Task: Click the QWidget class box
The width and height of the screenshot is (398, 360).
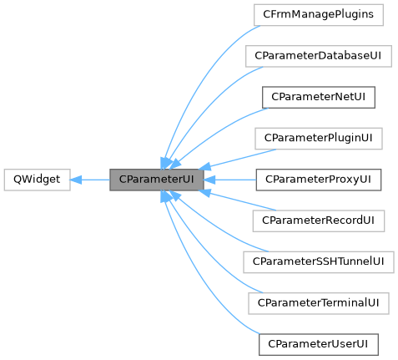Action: (x=36, y=180)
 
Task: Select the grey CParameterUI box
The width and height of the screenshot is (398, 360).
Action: (x=157, y=180)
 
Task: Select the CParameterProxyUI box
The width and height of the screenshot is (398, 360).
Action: (x=317, y=180)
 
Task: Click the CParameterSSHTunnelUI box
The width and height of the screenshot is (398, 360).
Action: (x=318, y=261)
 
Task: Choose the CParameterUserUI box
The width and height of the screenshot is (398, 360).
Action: (x=317, y=343)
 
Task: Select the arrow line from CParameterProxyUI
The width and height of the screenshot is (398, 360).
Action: (x=234, y=180)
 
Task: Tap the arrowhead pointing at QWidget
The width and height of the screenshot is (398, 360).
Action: (x=77, y=180)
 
